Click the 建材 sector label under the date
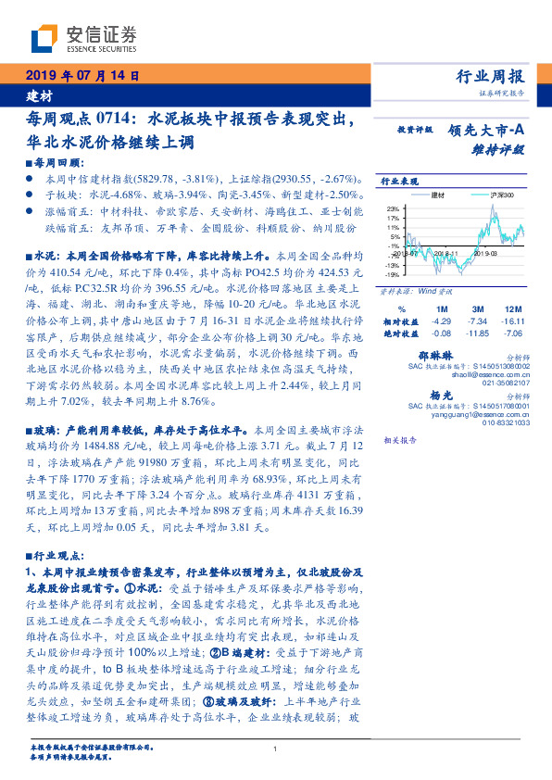(39, 95)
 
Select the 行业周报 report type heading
(491, 77)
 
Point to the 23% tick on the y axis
(393, 208)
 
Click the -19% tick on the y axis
(393, 274)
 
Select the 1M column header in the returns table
(442, 308)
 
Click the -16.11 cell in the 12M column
(512, 320)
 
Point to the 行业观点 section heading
(49, 557)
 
